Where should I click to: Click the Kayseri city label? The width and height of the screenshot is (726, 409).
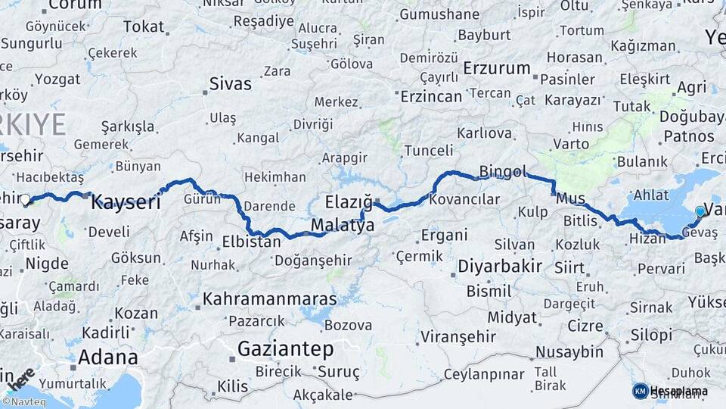point(126,203)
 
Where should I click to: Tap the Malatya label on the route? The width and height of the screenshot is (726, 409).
point(343,226)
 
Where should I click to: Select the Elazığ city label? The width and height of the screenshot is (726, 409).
point(349,202)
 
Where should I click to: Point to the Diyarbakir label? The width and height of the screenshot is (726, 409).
point(500,267)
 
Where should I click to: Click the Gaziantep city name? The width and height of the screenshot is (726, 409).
point(285,348)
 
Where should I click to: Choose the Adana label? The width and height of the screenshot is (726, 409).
point(108,357)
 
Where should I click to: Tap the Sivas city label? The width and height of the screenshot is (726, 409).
point(230,83)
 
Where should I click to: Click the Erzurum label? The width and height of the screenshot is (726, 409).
point(497,68)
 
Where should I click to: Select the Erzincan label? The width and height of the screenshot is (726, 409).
point(431,96)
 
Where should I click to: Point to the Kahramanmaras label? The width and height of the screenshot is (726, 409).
point(269,299)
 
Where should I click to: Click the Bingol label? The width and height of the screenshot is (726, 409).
point(502,172)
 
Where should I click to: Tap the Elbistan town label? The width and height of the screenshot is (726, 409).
point(251,242)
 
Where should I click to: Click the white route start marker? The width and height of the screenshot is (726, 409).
point(25,200)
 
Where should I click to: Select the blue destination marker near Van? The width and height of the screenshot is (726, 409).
point(700,211)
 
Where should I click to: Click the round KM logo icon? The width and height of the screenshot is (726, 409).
point(640,391)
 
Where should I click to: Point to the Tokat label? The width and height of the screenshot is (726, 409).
point(144,27)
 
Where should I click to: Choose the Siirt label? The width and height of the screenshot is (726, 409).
point(569,267)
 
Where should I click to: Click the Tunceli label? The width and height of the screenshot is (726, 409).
point(428,151)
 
